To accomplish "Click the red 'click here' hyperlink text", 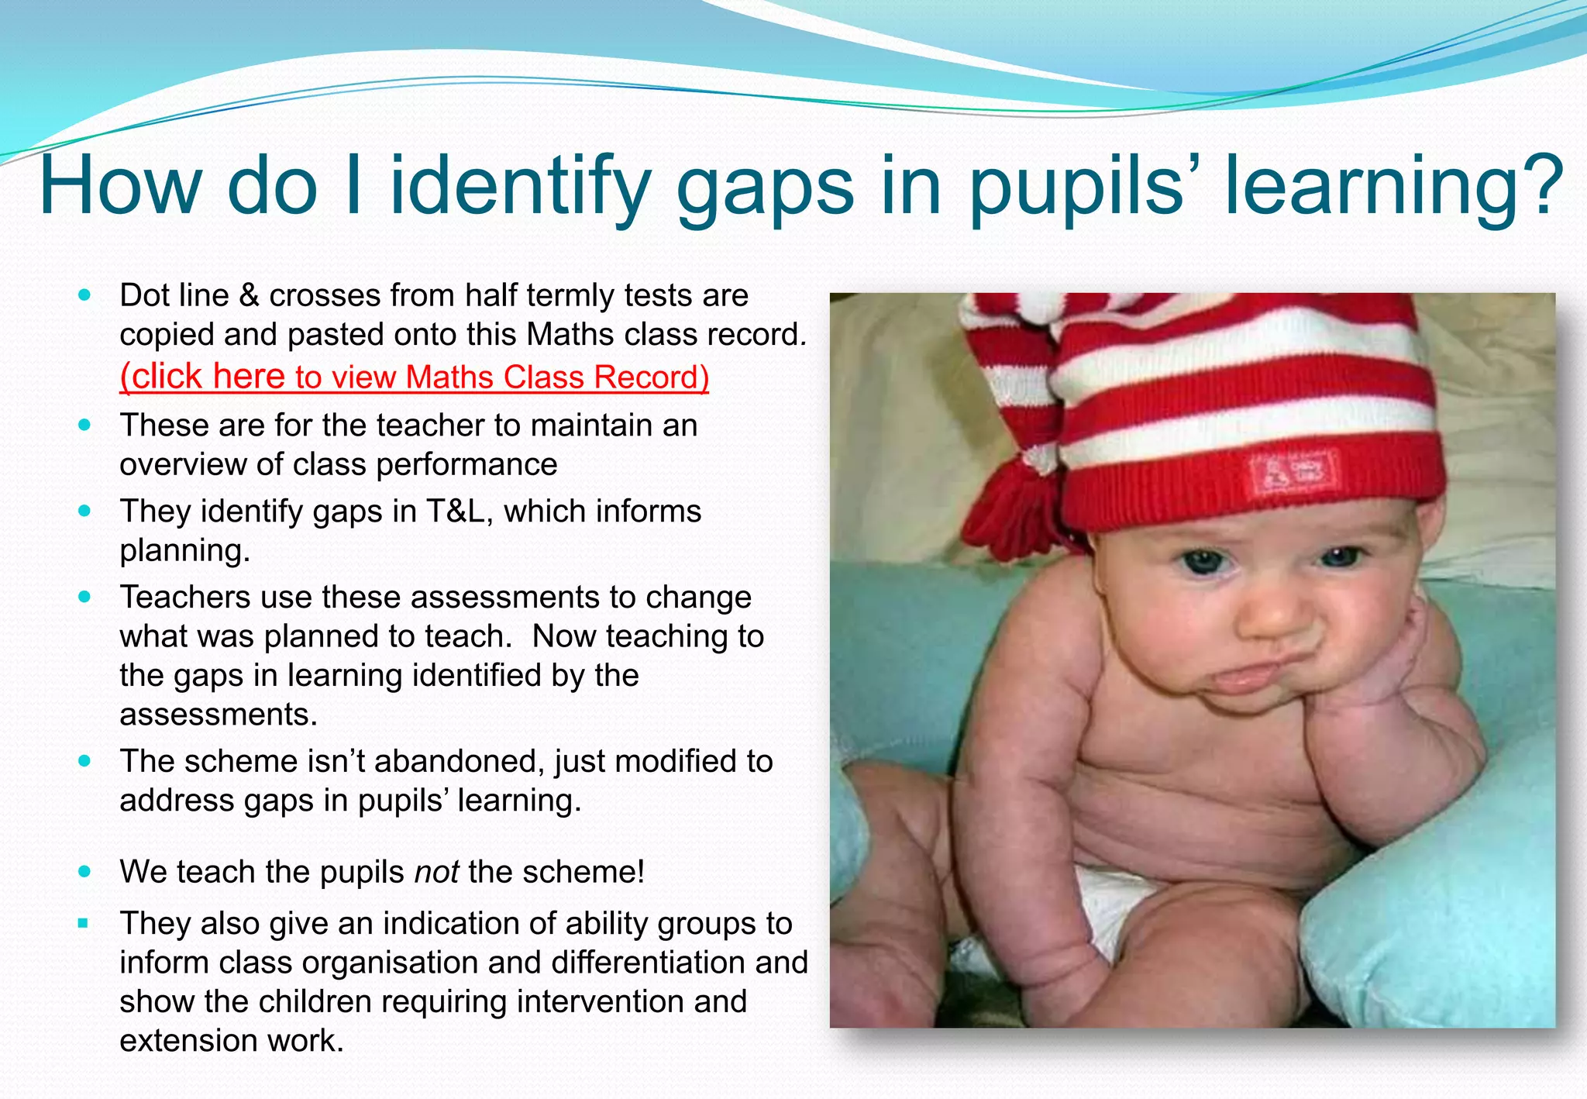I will pos(203,377).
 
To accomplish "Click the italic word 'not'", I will pos(437,872).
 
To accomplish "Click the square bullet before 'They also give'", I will pos(84,923).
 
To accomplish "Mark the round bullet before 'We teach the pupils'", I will pos(84,872).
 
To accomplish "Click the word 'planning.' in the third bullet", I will pos(184,550).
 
